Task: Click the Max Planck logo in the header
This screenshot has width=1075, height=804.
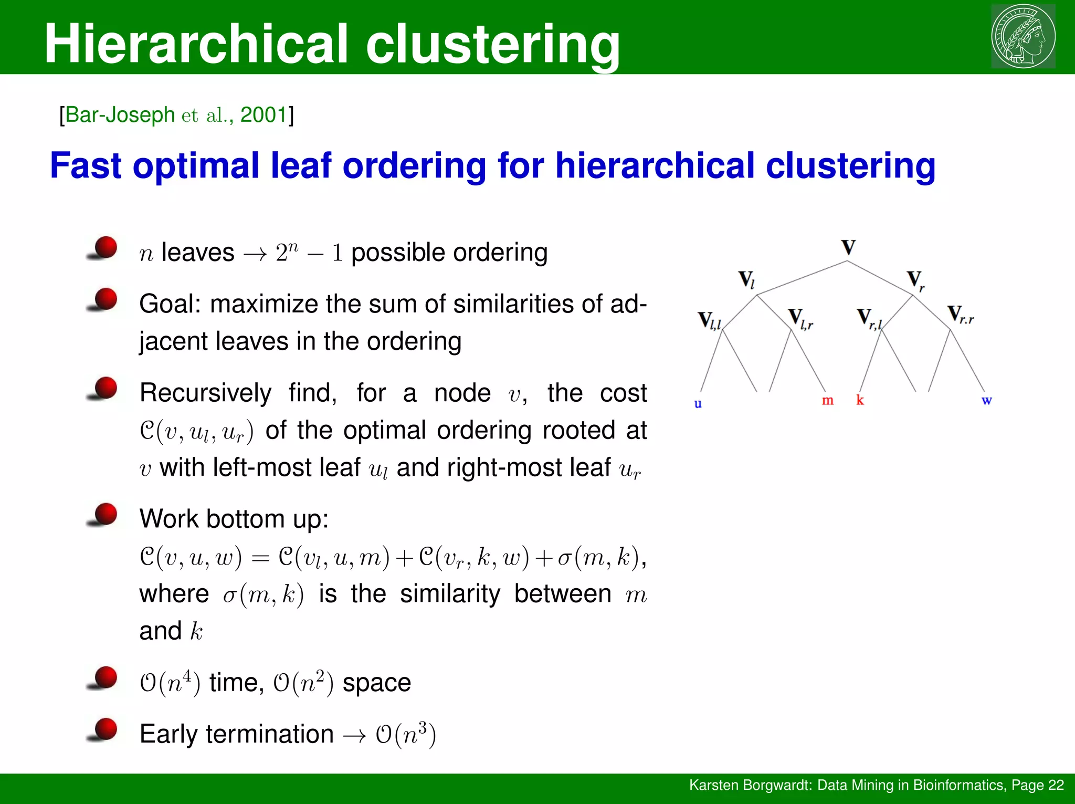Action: click(1023, 36)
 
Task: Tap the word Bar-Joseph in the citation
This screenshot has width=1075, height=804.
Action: click(120, 114)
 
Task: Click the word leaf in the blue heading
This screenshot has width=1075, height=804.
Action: click(301, 165)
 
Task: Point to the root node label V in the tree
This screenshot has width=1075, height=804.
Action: click(848, 247)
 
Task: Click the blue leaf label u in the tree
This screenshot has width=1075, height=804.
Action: click(698, 403)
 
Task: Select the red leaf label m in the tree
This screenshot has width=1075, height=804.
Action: click(827, 400)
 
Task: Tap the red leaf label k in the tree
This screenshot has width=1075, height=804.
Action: click(860, 400)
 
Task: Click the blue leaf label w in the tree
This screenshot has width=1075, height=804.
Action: click(986, 401)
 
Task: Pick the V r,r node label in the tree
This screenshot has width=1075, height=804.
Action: click(961, 315)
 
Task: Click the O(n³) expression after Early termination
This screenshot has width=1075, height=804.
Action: click(406, 734)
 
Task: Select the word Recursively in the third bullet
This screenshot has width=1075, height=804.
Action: click(205, 393)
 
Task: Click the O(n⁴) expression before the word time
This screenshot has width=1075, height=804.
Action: click(170, 683)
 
